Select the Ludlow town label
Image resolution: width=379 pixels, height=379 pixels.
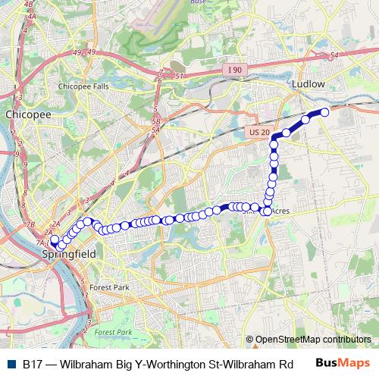309,84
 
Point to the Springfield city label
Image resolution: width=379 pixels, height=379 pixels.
69,255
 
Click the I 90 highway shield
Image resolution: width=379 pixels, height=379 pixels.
235,70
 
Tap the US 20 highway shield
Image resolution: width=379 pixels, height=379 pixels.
258,133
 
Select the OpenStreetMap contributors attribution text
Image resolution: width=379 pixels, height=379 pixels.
312,340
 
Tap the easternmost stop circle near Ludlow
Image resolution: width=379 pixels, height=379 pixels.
324,112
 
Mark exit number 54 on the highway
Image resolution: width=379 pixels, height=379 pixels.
335,55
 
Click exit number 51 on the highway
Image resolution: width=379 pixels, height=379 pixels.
180,77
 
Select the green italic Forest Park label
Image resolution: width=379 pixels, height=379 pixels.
114,333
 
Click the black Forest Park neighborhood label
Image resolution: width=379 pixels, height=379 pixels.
110,288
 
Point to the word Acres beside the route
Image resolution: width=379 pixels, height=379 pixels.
280,211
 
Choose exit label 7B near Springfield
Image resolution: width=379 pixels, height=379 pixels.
31,225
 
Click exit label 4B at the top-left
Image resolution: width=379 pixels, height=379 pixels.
30,4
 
